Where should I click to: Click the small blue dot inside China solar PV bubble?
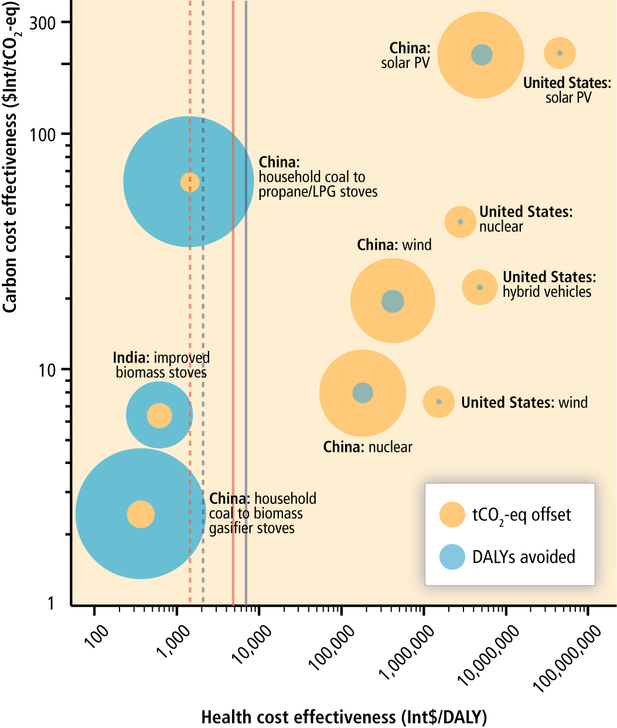(x=482, y=55)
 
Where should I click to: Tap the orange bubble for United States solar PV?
(x=560, y=53)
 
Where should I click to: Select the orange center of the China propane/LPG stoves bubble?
(x=190, y=182)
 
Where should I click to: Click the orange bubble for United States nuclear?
(x=460, y=222)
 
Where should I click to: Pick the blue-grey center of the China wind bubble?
(x=393, y=301)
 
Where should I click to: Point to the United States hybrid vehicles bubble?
(x=480, y=287)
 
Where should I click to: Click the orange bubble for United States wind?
(x=438, y=402)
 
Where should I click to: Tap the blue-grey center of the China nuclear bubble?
(x=363, y=392)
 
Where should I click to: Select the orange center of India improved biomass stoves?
(x=159, y=415)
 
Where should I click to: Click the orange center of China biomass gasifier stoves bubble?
(x=141, y=514)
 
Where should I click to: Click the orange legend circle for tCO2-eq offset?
(x=452, y=514)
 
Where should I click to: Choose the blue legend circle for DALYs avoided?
(x=452, y=557)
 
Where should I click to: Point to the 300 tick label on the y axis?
(x=42, y=23)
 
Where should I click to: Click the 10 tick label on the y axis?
(x=46, y=370)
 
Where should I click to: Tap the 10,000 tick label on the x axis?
(x=253, y=644)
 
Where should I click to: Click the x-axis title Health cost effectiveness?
(x=344, y=717)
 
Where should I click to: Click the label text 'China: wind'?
(x=394, y=245)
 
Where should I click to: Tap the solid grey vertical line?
(x=246, y=352)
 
